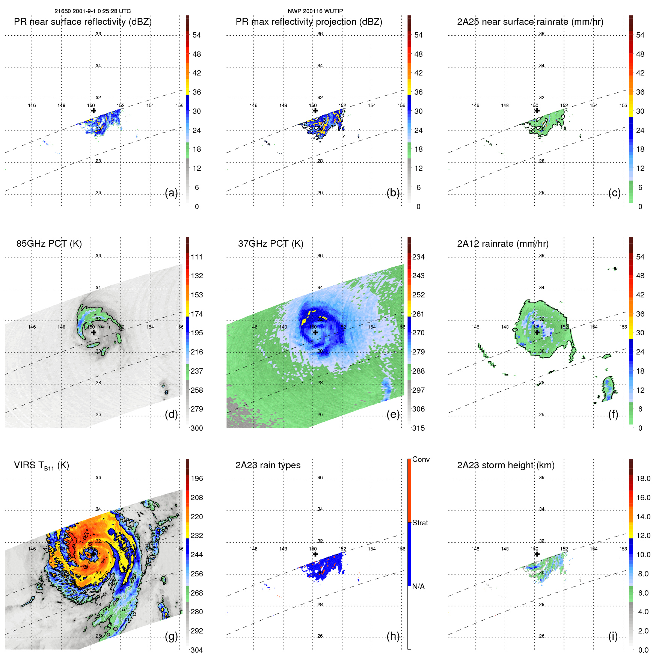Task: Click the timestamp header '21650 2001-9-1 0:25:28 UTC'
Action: pyautogui.click(x=92, y=11)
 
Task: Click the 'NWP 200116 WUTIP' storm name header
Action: pyautogui.click(x=315, y=11)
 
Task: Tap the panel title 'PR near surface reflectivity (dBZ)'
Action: pyautogui.click(x=83, y=22)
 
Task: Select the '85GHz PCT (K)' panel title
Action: pyautogui.click(x=49, y=244)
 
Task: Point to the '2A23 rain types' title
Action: pyautogui.click(x=268, y=465)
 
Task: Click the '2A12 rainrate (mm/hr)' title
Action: pyautogui.click(x=502, y=244)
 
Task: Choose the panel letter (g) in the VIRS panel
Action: pyautogui.click(x=171, y=636)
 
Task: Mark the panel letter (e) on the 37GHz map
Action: pyautogui.click(x=393, y=414)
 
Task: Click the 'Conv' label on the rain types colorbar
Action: pyautogui.click(x=421, y=459)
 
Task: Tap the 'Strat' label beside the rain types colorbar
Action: pyautogui.click(x=420, y=523)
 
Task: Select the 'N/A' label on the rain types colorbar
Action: pyautogui.click(x=418, y=587)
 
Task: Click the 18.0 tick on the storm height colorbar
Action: pyautogui.click(x=643, y=478)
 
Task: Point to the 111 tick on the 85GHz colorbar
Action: pyautogui.click(x=197, y=257)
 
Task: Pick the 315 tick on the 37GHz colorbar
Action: pyautogui.click(x=418, y=428)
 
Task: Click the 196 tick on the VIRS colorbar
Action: pyautogui.click(x=197, y=478)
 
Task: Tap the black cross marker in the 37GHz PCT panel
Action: pyautogui.click(x=315, y=332)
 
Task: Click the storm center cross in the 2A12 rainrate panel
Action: pyautogui.click(x=537, y=332)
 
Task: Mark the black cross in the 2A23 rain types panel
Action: pyautogui.click(x=315, y=554)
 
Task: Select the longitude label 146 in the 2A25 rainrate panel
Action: pyautogui.click(x=475, y=106)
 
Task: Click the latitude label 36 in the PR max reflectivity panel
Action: pyautogui.click(x=320, y=34)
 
